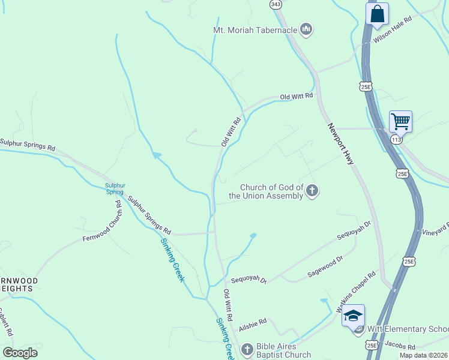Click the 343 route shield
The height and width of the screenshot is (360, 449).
click(x=276, y=4)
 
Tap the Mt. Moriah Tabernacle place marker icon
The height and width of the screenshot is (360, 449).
click(x=306, y=29)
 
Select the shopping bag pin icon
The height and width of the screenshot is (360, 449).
click(x=377, y=14)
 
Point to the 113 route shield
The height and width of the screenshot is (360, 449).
click(x=396, y=139)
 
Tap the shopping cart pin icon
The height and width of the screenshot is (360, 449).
click(x=400, y=122)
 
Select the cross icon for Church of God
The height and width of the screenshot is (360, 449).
click(x=312, y=191)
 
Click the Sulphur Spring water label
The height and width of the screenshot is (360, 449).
click(x=115, y=188)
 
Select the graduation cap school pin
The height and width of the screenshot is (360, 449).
click(x=353, y=316)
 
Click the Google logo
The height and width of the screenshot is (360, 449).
click(x=20, y=353)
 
